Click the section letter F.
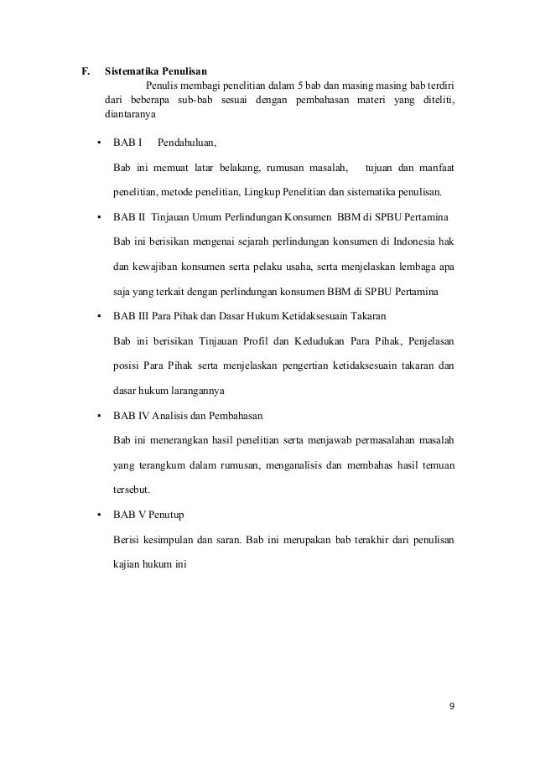pyautogui.click(x=85, y=71)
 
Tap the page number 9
pyautogui.click(x=452, y=706)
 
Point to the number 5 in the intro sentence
pyautogui.click(x=300, y=86)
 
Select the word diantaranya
pyautogui.click(x=130, y=116)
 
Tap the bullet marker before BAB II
pyautogui.click(x=99, y=217)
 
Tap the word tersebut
pyautogui.click(x=133, y=490)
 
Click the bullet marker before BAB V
pyautogui.click(x=99, y=515)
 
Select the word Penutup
pyautogui.click(x=174, y=515)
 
